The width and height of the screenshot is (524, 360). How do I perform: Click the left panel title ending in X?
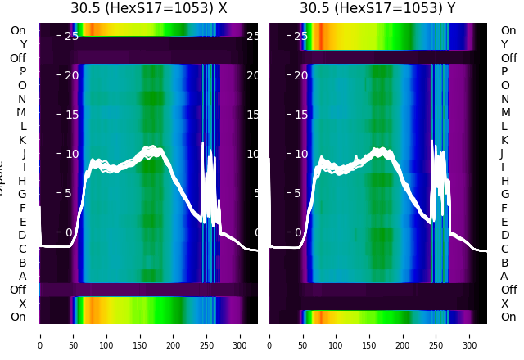pyautogui.click(x=148, y=8)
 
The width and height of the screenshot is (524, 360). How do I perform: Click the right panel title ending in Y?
pyautogui.click(x=377, y=8)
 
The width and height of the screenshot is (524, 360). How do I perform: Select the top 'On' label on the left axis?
pyautogui.click(x=18, y=30)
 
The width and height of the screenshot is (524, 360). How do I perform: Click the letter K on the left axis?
pyautogui.click(x=23, y=140)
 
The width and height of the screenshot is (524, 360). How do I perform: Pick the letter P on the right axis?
pyautogui.click(x=504, y=72)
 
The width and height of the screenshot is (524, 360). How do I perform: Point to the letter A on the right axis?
pyautogui.click(x=504, y=276)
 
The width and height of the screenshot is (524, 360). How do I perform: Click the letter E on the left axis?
pyautogui.click(x=23, y=222)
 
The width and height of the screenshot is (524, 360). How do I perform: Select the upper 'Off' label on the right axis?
pyautogui.click(x=508, y=58)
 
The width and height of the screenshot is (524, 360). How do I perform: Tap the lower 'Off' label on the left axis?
pyautogui.click(x=18, y=290)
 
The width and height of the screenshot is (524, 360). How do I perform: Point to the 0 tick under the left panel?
pyautogui.click(x=40, y=335)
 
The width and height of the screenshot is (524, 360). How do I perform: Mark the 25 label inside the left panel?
pyautogui.click(x=71, y=36)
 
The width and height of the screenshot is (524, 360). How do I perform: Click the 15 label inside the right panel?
pyautogui.click(x=300, y=115)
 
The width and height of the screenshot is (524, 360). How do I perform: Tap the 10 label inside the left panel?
pyautogui.click(x=71, y=154)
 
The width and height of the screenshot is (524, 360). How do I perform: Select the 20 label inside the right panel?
pyautogui.click(x=300, y=75)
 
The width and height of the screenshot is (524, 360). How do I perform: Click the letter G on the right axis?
pyautogui.click(x=504, y=194)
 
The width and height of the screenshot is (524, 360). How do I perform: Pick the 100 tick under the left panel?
pyautogui.click(x=106, y=335)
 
